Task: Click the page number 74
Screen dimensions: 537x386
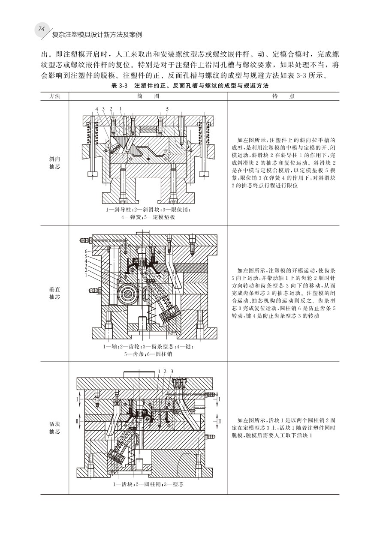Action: tap(42, 29)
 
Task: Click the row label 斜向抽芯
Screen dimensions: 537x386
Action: tap(54, 162)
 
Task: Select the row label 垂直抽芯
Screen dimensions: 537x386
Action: tap(54, 294)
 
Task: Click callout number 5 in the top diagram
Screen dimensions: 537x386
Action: tap(167, 108)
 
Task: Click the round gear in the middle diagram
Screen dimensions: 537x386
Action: tap(129, 294)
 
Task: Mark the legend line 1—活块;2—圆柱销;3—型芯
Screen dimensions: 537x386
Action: tap(148, 484)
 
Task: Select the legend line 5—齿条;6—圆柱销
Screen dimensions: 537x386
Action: tap(148, 354)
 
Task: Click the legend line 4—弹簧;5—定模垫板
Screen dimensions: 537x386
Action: tap(148, 217)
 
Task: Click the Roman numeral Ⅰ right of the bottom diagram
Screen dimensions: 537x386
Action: tap(220, 399)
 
